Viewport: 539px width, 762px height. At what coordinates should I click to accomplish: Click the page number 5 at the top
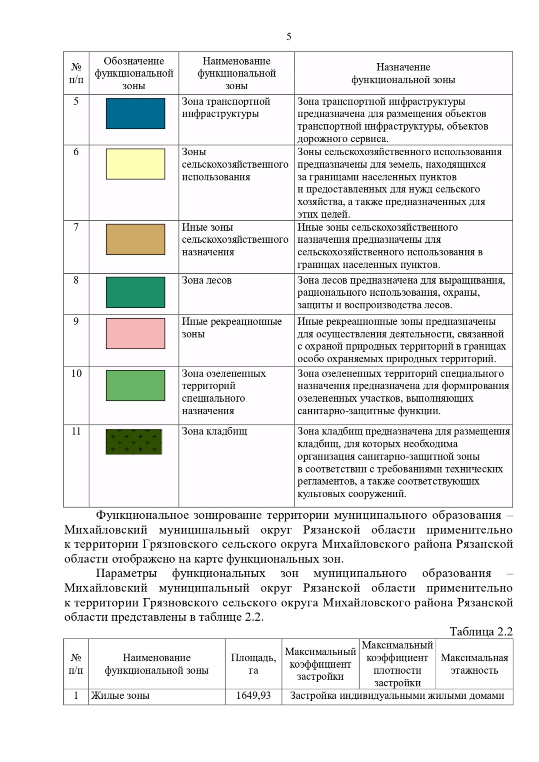pyautogui.click(x=288, y=37)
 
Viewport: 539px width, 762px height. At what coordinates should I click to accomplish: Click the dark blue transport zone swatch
pyautogui.click(x=135, y=114)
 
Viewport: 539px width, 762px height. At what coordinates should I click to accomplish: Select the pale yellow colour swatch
pyautogui.click(x=135, y=164)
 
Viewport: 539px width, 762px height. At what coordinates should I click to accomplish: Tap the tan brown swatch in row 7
pyautogui.click(x=135, y=240)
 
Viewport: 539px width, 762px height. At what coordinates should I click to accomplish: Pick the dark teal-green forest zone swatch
pyautogui.click(x=135, y=293)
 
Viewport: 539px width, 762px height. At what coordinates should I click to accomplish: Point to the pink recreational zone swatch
pyautogui.click(x=135, y=333)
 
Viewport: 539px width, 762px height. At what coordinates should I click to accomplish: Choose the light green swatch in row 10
pyautogui.click(x=135, y=385)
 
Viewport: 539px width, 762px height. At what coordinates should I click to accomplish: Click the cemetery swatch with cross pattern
pyautogui.click(x=134, y=442)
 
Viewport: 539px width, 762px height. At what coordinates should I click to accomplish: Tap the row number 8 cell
pyautogui.click(x=76, y=280)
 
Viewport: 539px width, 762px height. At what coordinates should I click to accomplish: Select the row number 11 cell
pyautogui.click(x=76, y=432)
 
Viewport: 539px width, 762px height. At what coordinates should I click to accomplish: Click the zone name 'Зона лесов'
pyautogui.click(x=207, y=280)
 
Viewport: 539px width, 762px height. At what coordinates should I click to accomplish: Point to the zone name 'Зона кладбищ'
pyautogui.click(x=214, y=432)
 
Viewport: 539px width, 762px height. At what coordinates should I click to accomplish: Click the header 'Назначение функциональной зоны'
pyautogui.click(x=403, y=74)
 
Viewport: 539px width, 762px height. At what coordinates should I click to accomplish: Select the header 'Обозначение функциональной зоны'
pyautogui.click(x=134, y=74)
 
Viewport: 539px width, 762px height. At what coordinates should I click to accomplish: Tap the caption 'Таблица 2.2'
pyautogui.click(x=481, y=632)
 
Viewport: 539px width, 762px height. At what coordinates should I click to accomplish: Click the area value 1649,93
pyautogui.click(x=253, y=696)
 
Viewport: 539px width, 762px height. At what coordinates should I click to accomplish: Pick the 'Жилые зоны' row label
pyautogui.click(x=120, y=696)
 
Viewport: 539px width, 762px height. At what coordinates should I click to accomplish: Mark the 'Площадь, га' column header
pyautogui.click(x=253, y=664)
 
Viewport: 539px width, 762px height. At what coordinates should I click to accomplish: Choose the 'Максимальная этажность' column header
pyautogui.click(x=474, y=664)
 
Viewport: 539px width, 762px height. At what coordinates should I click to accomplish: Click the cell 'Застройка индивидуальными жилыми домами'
pyautogui.click(x=397, y=696)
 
